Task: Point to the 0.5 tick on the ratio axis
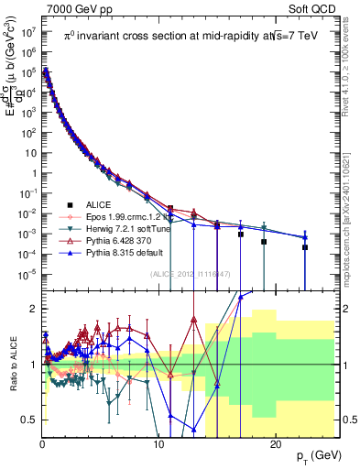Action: [x=29, y=420]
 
